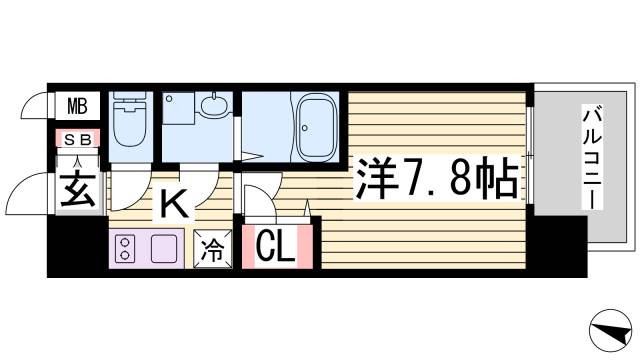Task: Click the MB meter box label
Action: click(76, 105)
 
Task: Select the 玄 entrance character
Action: click(76, 188)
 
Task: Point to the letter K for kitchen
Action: click(172, 205)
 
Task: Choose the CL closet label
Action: click(276, 246)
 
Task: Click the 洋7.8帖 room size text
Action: click(436, 180)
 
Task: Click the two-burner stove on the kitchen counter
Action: click(128, 247)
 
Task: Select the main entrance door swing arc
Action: click(30, 191)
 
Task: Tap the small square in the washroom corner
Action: click(171, 99)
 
